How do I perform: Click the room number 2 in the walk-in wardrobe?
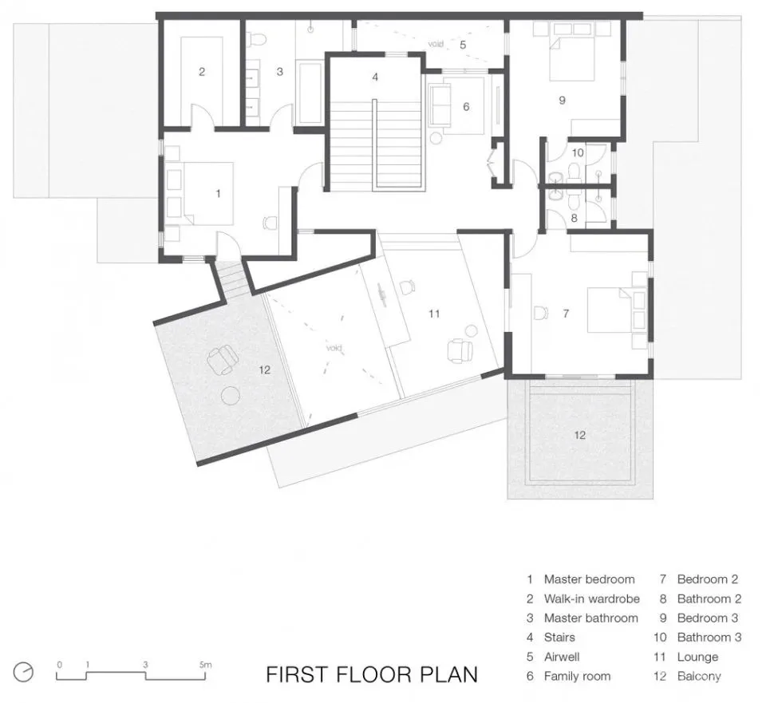(202, 72)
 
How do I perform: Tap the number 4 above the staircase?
(375, 77)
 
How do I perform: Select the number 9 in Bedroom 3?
(563, 101)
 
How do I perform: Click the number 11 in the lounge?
(434, 314)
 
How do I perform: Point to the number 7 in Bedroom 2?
(566, 313)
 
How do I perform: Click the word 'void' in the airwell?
(436, 44)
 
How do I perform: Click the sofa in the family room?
(440, 105)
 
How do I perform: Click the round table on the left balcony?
(230, 395)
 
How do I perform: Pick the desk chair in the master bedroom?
(270, 223)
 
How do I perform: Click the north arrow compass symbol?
(23, 672)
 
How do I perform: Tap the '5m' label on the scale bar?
(206, 665)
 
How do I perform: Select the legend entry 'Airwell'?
(562, 657)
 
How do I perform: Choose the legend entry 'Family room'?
(578, 676)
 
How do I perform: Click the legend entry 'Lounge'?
(697, 657)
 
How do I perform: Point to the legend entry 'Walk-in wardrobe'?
(591, 599)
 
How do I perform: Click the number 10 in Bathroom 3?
(578, 152)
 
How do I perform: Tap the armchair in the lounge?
(460, 350)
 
